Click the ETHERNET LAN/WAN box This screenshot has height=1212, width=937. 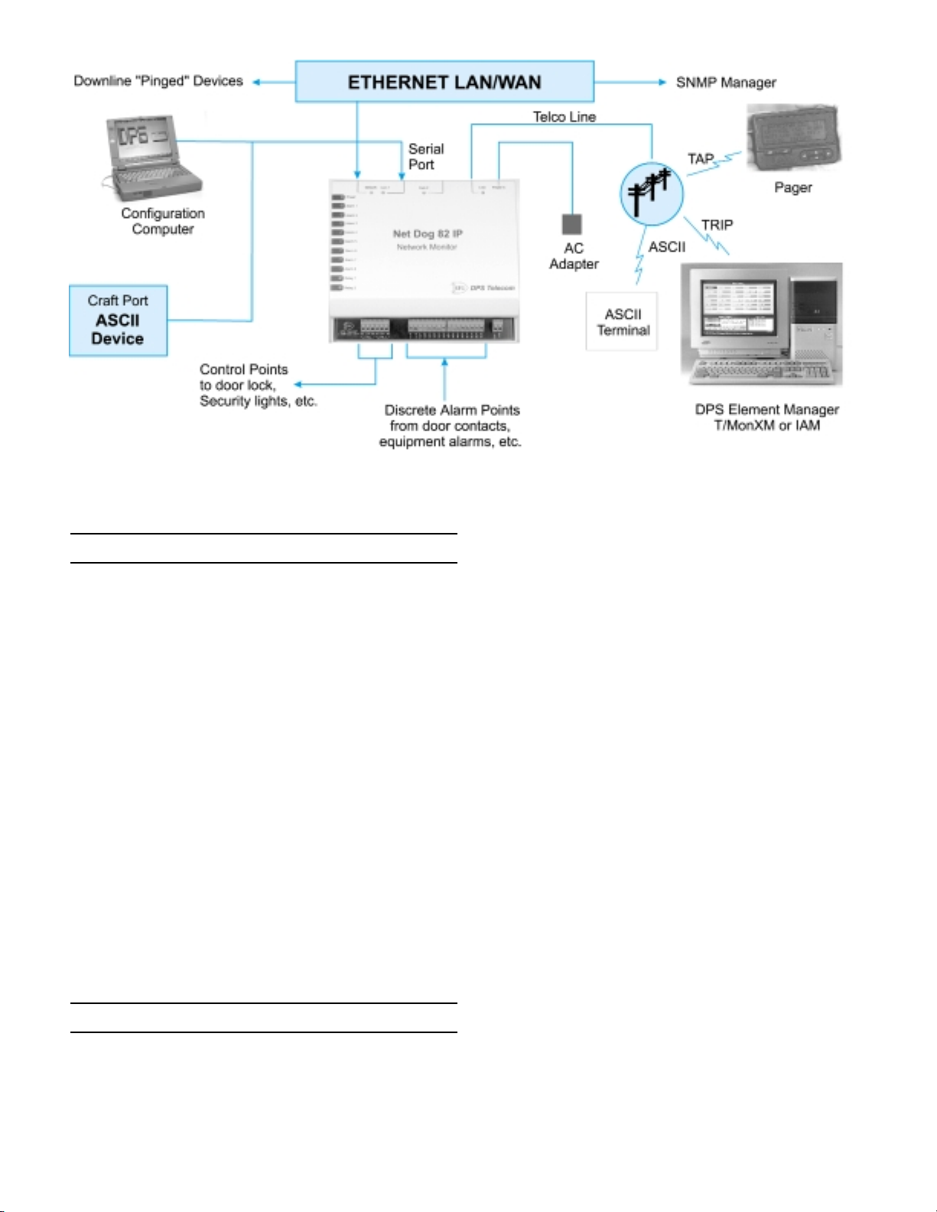tap(444, 82)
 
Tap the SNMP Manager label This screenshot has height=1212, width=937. tap(725, 83)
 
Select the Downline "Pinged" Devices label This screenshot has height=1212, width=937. tap(158, 81)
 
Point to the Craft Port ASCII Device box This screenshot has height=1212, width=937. tap(118, 320)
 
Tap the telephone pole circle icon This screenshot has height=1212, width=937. tap(650, 193)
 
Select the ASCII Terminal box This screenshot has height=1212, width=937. tap(622, 322)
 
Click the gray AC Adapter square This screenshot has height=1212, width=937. tap(571, 224)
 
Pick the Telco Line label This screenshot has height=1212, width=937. tap(564, 117)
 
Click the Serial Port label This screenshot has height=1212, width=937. tap(425, 157)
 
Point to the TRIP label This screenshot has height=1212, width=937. tap(717, 225)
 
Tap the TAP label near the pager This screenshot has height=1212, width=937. tap(700, 159)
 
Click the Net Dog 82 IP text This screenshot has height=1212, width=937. tap(428, 234)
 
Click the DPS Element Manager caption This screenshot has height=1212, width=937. tap(766, 418)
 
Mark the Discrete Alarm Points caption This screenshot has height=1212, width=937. tap(451, 426)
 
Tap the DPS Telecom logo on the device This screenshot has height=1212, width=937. tap(483, 288)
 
